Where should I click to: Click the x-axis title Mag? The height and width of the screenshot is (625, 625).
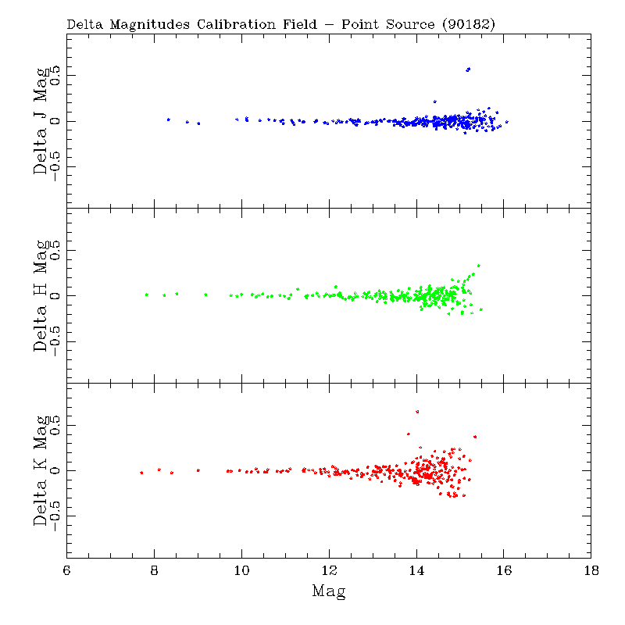click(x=329, y=591)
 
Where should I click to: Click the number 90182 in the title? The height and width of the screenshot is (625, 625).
click(x=468, y=24)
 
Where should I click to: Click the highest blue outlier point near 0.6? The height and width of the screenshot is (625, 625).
click(x=468, y=69)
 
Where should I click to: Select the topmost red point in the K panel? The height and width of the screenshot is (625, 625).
click(x=417, y=412)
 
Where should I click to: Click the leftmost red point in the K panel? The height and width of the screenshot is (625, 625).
click(x=141, y=473)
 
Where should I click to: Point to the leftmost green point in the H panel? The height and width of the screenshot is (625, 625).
click(x=146, y=295)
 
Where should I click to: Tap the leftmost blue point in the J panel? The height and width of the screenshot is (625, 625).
click(x=168, y=120)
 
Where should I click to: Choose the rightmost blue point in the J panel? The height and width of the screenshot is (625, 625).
click(x=506, y=122)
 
